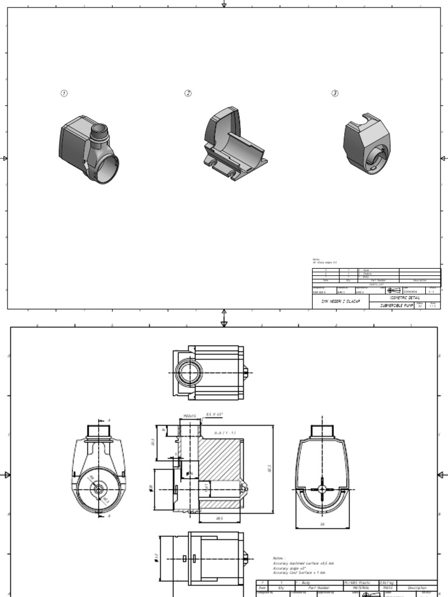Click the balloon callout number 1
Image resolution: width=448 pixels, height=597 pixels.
click(x=64, y=94)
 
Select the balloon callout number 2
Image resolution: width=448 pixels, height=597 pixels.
click(x=188, y=93)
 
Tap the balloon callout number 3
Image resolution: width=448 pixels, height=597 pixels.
click(x=335, y=93)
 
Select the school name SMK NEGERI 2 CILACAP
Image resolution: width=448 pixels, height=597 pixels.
click(x=341, y=301)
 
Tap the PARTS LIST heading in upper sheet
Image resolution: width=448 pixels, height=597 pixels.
click(x=378, y=285)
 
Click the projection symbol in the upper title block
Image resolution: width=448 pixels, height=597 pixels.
click(x=393, y=290)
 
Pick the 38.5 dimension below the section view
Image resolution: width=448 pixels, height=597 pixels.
click(x=219, y=517)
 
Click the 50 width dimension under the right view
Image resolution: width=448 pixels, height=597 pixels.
click(x=322, y=524)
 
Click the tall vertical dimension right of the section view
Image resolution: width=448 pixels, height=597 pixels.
click(x=269, y=470)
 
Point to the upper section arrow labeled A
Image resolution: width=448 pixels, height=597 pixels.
click(x=108, y=420)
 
